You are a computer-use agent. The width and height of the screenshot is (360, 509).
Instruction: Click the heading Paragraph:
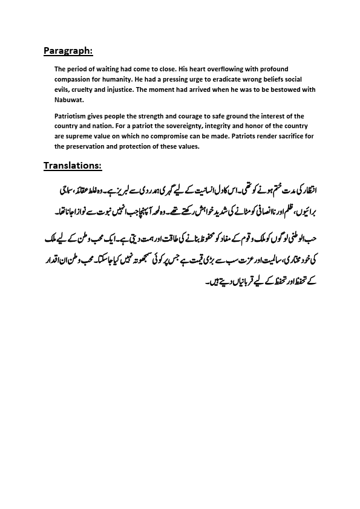pos(68,51)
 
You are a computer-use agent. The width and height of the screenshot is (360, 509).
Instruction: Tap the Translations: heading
pos(72,166)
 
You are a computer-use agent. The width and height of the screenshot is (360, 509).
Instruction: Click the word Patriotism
pos(73,115)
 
